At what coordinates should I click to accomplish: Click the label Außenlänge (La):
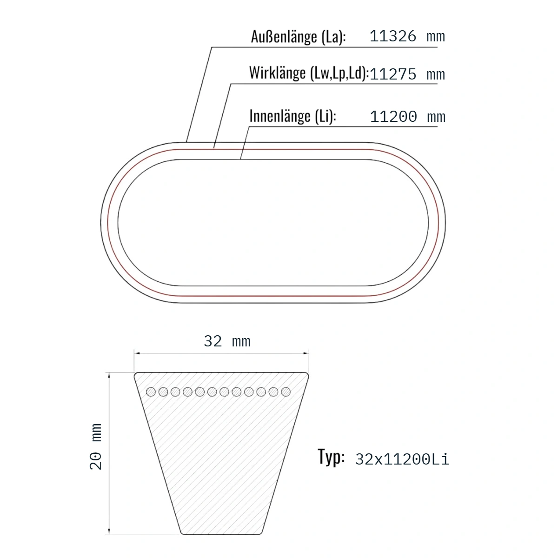298,37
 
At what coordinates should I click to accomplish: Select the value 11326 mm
407,36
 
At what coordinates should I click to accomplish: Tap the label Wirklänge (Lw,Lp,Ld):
309,73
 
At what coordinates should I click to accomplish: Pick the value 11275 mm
407,74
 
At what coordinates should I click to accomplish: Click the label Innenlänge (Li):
293,116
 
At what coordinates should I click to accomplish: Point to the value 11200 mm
408,116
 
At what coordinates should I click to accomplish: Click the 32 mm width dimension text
227,341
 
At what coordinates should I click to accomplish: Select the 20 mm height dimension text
96,446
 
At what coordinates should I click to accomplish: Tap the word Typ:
331,457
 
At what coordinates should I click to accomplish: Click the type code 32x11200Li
402,459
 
